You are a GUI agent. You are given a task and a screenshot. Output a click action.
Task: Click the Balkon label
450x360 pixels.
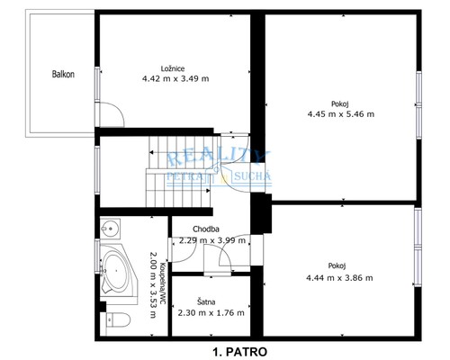point(62,75)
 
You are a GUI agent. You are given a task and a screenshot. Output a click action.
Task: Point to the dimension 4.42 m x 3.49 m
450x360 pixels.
point(175,78)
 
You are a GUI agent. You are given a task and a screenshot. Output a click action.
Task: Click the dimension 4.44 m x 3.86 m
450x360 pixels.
point(338,277)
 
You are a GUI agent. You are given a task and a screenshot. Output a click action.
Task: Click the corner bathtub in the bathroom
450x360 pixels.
point(114,268)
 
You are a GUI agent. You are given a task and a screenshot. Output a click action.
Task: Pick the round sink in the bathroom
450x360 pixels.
point(110,227)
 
